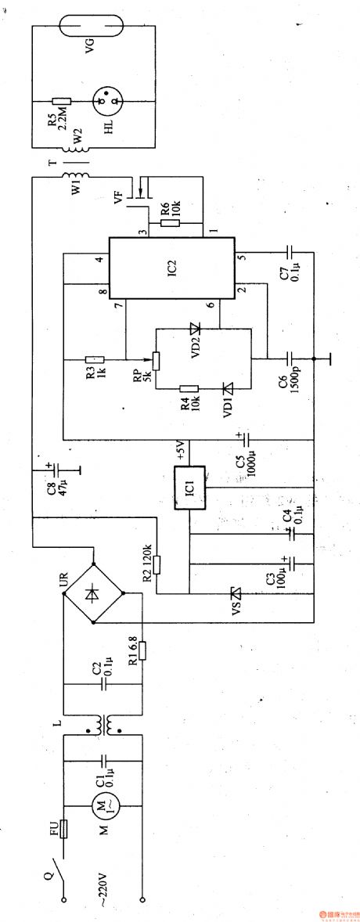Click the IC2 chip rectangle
(x=171, y=268)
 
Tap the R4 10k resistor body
(x=188, y=388)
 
